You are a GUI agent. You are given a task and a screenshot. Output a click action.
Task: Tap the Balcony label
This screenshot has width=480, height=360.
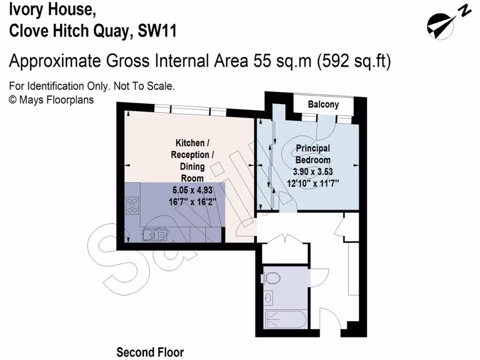click(x=323, y=105)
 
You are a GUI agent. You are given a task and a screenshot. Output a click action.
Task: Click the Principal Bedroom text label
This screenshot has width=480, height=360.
click(x=313, y=154)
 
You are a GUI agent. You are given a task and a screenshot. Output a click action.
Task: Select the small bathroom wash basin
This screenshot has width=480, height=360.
click(x=269, y=297)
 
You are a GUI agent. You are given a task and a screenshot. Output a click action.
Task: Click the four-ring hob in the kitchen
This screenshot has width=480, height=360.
click(x=133, y=204)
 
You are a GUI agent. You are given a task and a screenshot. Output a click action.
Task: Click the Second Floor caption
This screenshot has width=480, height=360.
click(x=150, y=352)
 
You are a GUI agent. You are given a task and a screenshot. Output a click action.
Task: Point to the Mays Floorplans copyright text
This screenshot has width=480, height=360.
click(x=52, y=99)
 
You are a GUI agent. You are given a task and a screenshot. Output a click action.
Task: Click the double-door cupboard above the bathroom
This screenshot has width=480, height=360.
click(x=285, y=250)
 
